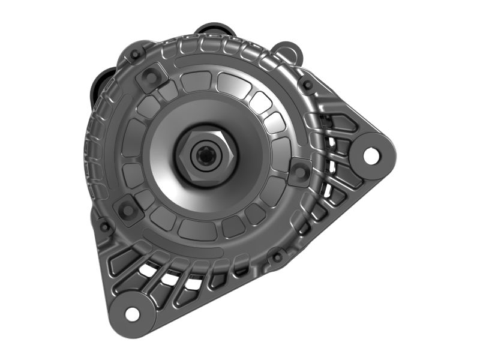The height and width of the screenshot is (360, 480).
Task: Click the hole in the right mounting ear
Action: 371,155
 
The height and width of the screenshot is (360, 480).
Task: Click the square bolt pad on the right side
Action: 299,172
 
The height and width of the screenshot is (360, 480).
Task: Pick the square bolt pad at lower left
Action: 128,209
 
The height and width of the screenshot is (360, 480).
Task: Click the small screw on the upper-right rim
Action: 308,85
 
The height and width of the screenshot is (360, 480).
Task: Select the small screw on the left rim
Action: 104,227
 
